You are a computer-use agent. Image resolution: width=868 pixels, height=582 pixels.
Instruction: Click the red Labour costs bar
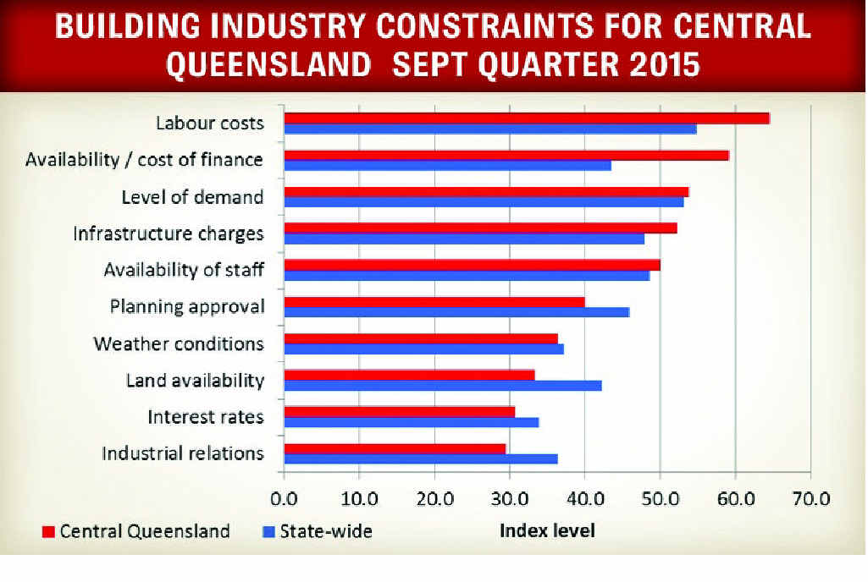(x=526, y=118)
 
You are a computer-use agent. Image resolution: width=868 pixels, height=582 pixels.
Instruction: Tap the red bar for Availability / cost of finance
(x=506, y=156)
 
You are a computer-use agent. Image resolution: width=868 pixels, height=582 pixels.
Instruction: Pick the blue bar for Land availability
(x=442, y=386)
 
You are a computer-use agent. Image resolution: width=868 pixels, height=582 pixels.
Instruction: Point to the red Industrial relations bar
(x=395, y=448)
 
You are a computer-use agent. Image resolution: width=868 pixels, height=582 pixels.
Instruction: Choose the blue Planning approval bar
(x=456, y=312)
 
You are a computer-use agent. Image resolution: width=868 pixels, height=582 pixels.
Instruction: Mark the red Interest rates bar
(x=399, y=412)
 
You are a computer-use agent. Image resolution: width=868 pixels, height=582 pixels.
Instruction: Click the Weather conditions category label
(x=179, y=344)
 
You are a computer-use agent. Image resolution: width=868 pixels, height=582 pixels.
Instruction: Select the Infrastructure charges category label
(x=169, y=233)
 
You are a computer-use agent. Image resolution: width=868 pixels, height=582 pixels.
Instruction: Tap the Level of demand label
(x=192, y=197)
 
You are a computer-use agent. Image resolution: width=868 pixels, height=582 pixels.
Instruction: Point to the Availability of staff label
(x=184, y=271)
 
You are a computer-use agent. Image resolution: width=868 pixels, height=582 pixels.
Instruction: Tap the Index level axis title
(x=547, y=531)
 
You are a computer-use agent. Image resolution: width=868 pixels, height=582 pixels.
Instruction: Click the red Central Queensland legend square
(x=48, y=532)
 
